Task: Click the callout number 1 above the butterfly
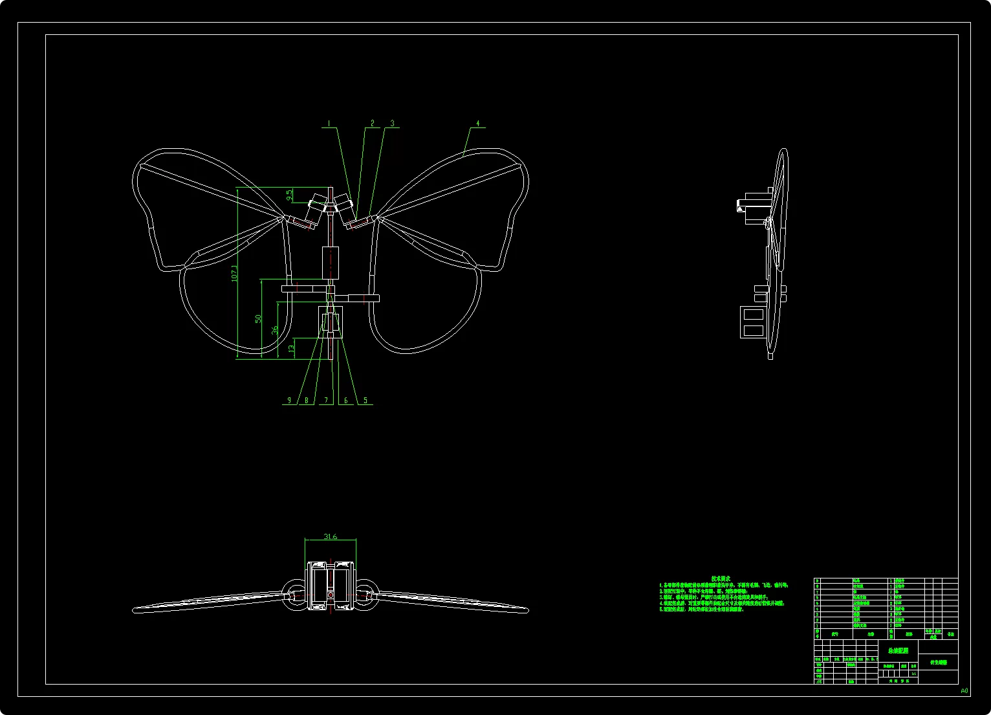[329, 123]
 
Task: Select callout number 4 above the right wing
[478, 123]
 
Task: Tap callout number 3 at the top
[392, 123]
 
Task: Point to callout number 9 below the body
[289, 401]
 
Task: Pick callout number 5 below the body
[365, 401]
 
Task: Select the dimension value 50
[258, 319]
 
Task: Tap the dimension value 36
[275, 330]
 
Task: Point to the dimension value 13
[291, 349]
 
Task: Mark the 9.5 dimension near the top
[290, 193]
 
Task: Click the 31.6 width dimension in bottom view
[330, 536]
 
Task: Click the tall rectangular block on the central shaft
[330, 263]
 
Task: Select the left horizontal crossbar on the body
[304, 289]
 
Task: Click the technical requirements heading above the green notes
[721, 578]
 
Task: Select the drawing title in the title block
[898, 651]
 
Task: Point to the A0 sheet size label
[964, 690]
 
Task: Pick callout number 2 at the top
[372, 123]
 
